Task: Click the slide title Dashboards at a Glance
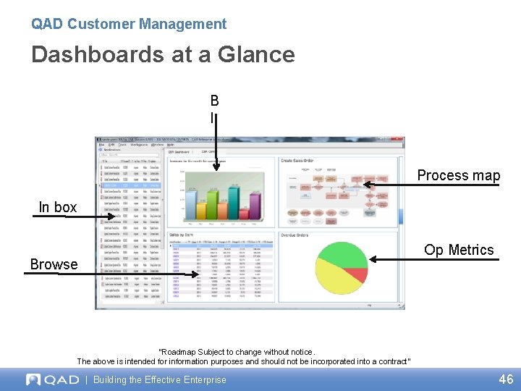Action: [x=163, y=55]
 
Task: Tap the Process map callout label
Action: [x=458, y=176]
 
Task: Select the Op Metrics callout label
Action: [x=459, y=251]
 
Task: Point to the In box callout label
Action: [x=58, y=208]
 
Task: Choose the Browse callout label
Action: [x=54, y=265]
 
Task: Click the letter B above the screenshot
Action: [x=215, y=101]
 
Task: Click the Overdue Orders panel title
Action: [x=295, y=235]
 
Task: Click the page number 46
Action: [x=506, y=379]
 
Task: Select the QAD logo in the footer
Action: [x=51, y=379]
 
